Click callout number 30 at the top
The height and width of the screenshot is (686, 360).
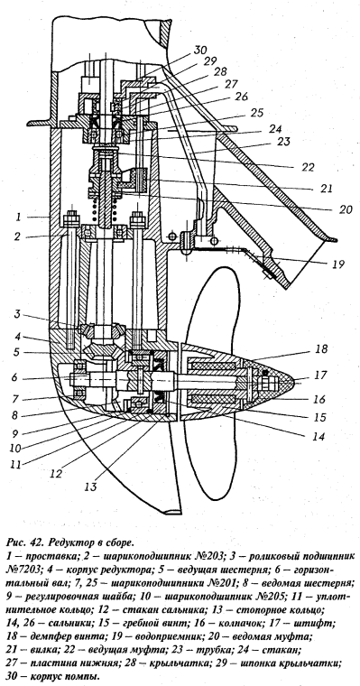[x=200, y=50]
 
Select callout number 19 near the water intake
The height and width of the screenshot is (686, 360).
[x=337, y=264]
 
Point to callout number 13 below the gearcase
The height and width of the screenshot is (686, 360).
[x=92, y=486]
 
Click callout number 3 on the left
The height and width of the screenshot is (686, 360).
[x=17, y=314]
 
